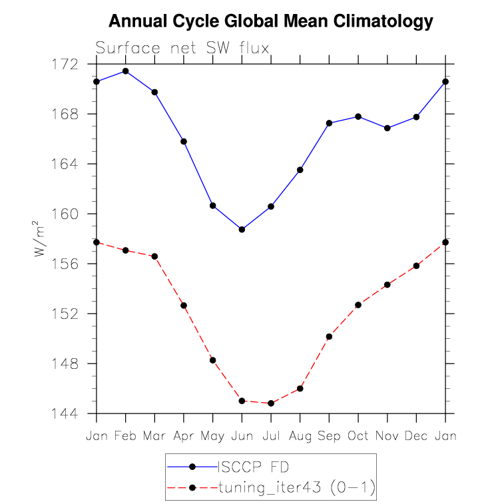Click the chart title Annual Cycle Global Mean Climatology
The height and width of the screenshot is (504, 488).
[x=270, y=22]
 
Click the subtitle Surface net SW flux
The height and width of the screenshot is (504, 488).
[x=182, y=49]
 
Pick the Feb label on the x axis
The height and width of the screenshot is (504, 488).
[x=125, y=435]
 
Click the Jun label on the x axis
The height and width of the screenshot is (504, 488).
[x=242, y=435]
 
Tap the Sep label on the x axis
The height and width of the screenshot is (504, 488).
[x=329, y=435]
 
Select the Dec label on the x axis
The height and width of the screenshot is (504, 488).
[x=416, y=435]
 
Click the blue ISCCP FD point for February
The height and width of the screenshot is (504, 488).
[x=126, y=71]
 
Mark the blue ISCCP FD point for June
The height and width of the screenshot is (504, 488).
[x=242, y=230]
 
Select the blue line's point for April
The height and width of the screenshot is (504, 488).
[x=184, y=141]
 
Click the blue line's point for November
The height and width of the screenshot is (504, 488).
[x=387, y=128]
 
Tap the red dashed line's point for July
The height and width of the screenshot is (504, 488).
[x=271, y=403]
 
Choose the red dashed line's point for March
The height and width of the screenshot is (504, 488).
[x=154, y=256]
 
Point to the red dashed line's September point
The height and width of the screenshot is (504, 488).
[x=329, y=337]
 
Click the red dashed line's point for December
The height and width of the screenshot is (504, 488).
[x=417, y=266]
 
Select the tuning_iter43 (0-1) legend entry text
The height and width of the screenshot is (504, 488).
[x=296, y=487]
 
